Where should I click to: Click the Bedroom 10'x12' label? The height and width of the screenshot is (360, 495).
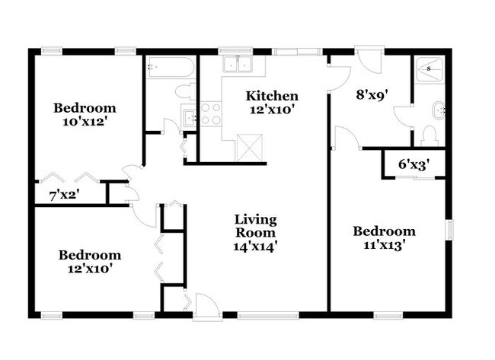pyautogui.click(x=84, y=113)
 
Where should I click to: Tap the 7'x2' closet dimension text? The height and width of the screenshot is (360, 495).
pyautogui.click(x=65, y=195)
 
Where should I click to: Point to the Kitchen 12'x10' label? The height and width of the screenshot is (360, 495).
pyautogui.click(x=271, y=102)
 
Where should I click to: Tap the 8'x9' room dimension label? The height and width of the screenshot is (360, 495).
pyautogui.click(x=373, y=96)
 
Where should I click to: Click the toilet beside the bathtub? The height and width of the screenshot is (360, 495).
pyautogui.click(x=185, y=92)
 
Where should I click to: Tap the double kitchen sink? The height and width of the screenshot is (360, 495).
pyautogui.click(x=236, y=65)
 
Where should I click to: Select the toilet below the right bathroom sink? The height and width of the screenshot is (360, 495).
pyautogui.click(x=429, y=135)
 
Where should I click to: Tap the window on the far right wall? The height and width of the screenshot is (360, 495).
pyautogui.click(x=450, y=228)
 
